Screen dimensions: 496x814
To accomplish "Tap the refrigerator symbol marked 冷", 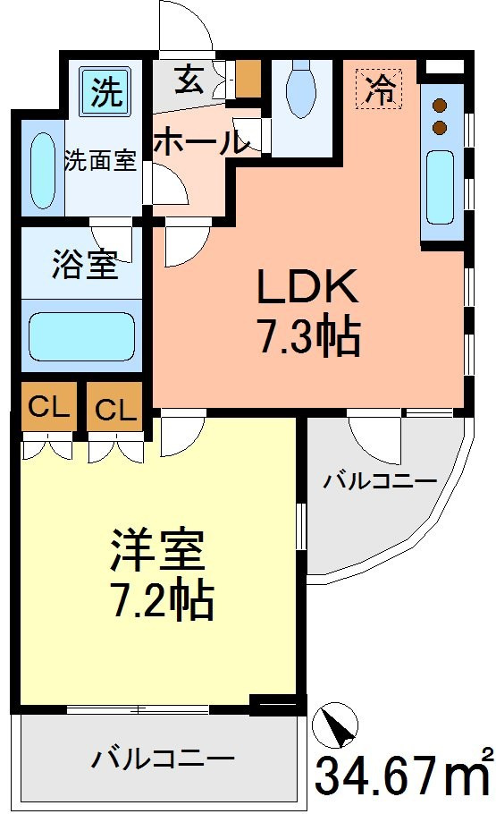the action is pos(379,89).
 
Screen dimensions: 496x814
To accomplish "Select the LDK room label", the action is pos(307,286).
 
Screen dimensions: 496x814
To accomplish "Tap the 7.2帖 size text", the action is pos(163,599).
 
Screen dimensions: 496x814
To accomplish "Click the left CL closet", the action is pos(49,407).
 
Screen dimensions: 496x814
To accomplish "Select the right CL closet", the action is pos(114,408).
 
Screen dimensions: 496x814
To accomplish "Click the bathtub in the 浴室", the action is pos(81,336).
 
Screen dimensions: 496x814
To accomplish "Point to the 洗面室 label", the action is pos(100,160).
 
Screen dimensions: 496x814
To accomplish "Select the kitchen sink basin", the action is pos(440,187).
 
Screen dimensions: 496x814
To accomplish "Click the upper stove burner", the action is pos(440,106).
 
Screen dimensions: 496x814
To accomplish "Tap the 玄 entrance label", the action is pos(189,80).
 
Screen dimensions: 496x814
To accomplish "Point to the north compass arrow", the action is pos(335,725).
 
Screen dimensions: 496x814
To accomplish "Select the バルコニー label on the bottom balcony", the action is pos(163,760).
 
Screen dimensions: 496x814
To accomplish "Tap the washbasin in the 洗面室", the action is pos(43,171).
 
